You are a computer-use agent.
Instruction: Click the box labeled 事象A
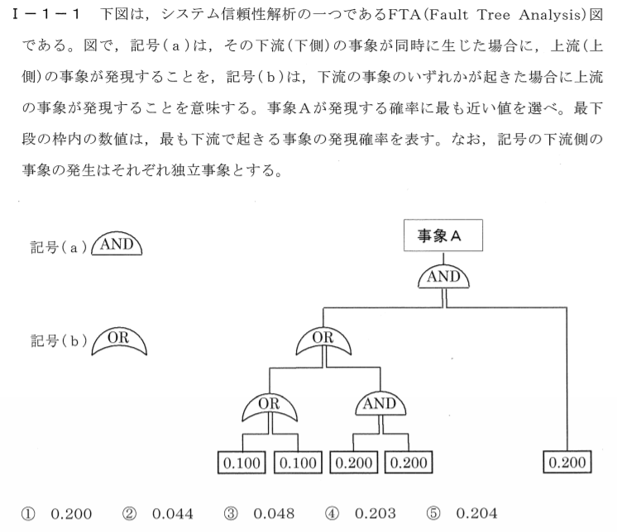click(443, 235)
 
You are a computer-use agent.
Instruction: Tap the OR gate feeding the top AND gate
click(323, 340)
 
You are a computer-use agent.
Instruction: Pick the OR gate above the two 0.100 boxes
click(269, 406)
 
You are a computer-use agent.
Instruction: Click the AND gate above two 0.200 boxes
click(380, 403)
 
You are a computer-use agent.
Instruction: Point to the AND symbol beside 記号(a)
click(117, 244)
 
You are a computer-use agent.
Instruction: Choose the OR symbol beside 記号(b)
click(119, 341)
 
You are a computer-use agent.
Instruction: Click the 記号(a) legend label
click(59, 248)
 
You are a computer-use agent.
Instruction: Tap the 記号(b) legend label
click(59, 340)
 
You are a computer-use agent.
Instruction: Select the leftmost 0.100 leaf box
click(242, 463)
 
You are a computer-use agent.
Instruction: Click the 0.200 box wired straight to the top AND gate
click(567, 462)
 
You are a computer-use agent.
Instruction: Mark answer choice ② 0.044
click(158, 514)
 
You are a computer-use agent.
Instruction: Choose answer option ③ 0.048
click(259, 514)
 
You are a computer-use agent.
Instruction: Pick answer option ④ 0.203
click(360, 513)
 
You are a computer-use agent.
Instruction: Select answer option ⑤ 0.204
click(462, 513)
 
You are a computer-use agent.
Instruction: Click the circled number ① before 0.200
click(28, 514)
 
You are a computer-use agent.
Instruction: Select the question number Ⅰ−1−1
click(45, 15)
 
